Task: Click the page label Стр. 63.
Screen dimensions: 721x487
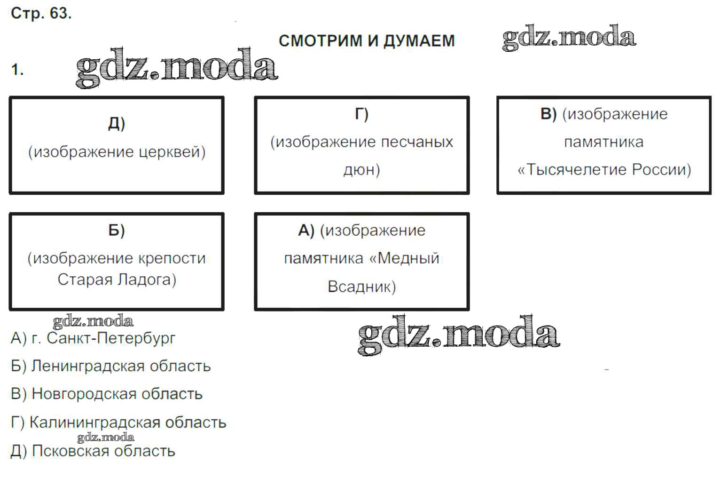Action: [x=41, y=14]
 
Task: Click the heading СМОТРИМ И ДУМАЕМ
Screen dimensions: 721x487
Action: [x=367, y=41]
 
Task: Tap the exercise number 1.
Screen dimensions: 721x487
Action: [x=17, y=70]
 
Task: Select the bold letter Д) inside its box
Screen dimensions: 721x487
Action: [x=117, y=123]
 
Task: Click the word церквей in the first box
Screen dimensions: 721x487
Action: [x=172, y=152]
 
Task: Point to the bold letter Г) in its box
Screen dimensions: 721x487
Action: [x=362, y=114]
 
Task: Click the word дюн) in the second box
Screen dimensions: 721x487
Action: [x=362, y=170]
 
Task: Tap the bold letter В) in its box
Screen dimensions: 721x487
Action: [x=549, y=114]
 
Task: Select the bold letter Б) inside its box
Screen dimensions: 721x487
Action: [x=117, y=231]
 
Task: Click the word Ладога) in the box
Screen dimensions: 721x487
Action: [x=147, y=279]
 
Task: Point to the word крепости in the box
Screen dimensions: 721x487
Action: [x=172, y=258]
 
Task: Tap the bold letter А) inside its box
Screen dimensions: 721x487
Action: [x=306, y=231]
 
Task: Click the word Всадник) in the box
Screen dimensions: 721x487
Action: [x=362, y=287]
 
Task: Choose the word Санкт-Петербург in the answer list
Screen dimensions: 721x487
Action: [x=111, y=338]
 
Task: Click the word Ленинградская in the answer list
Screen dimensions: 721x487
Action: [x=87, y=366]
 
